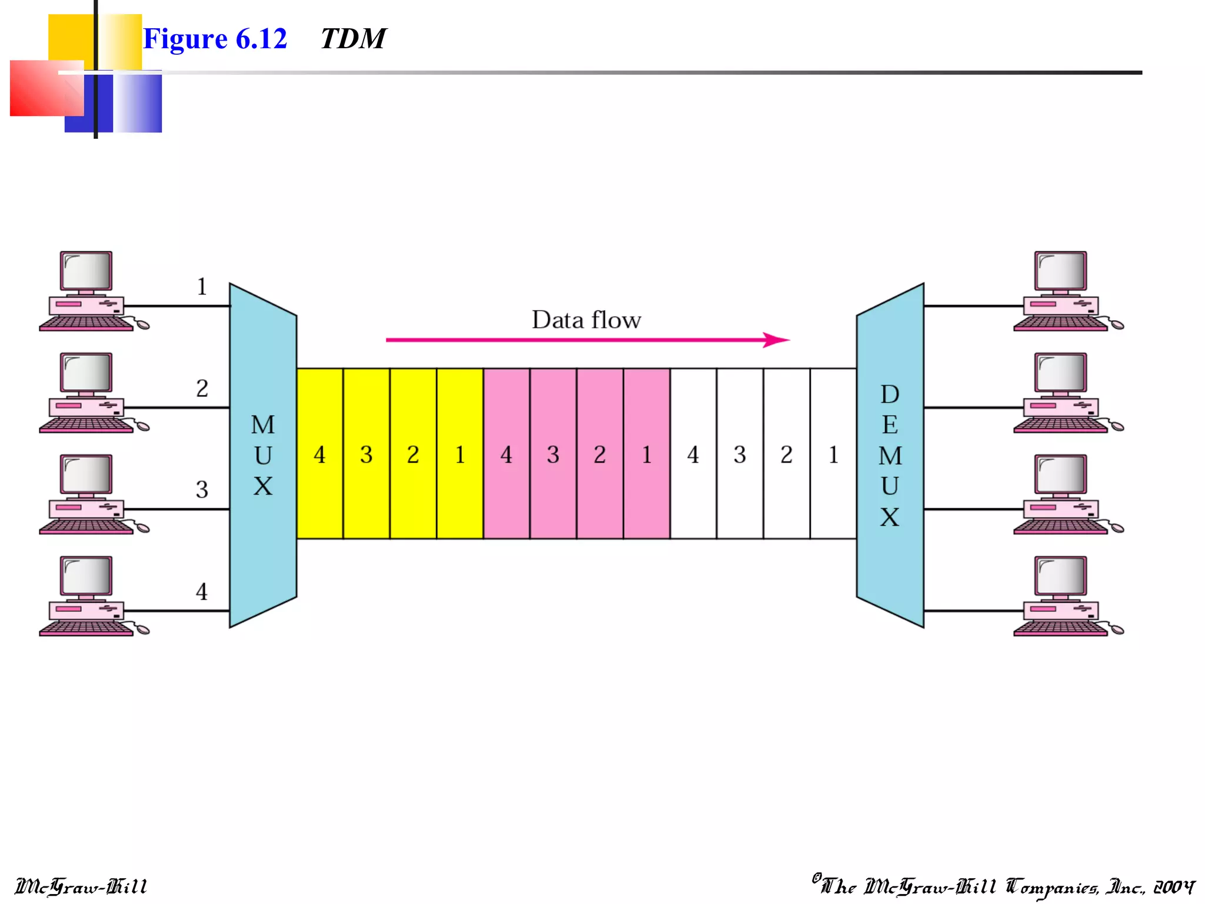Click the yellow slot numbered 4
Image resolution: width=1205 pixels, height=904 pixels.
point(319,454)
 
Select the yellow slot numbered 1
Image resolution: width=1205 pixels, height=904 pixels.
point(460,454)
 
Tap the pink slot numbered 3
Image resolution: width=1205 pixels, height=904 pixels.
point(552,454)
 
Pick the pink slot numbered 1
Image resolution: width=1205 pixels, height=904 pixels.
point(647,454)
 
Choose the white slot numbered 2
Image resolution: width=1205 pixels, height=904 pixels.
point(786,454)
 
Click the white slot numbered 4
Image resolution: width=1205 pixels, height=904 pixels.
point(693,454)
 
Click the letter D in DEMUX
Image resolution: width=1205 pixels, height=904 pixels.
point(890,394)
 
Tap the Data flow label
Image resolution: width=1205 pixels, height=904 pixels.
point(586,320)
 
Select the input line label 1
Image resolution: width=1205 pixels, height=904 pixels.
point(202,287)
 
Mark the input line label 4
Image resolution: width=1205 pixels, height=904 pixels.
point(202,591)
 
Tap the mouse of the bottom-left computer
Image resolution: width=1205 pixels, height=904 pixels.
point(142,630)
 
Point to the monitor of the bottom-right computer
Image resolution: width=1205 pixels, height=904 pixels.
point(1061,576)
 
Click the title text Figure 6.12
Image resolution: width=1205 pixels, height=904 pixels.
point(215,39)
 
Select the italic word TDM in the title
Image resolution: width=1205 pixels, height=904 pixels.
point(353,39)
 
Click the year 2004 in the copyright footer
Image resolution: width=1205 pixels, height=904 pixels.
point(1174,887)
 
